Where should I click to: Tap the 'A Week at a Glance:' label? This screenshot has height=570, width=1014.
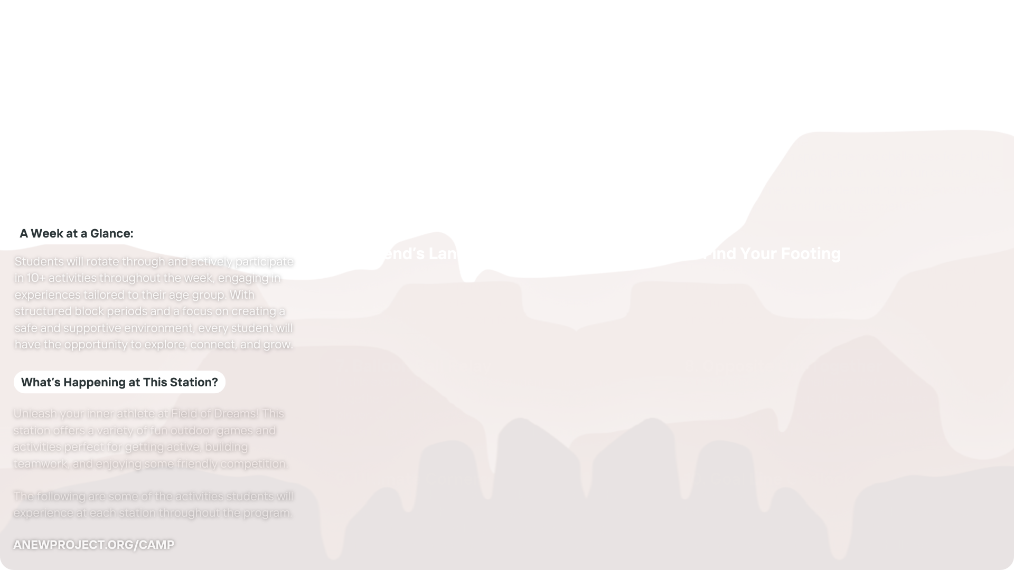point(77,233)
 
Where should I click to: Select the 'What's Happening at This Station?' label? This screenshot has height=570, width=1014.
point(119,382)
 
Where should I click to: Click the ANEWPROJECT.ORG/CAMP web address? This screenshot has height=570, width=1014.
point(93,545)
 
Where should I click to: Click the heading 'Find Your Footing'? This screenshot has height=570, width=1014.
point(774,253)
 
